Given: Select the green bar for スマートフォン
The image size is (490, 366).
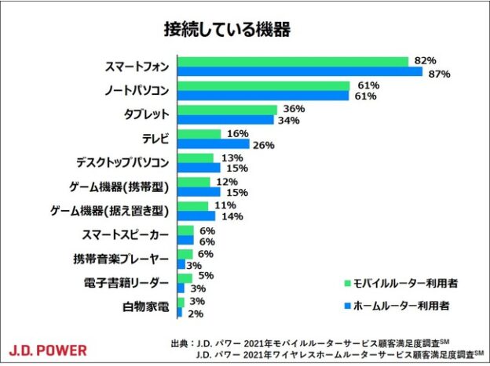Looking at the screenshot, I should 292,61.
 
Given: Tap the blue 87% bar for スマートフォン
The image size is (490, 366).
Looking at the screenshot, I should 299,72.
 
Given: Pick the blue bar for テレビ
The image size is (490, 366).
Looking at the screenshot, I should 213,144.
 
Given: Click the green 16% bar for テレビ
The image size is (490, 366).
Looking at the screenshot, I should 199,134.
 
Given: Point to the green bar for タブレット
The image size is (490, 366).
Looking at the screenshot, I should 228,110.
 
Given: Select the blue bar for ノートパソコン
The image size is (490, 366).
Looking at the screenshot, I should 263,96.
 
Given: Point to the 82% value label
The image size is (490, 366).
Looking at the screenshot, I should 426,60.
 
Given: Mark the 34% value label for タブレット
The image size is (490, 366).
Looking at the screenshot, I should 289,121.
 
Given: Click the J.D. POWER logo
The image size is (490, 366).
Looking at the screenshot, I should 49,350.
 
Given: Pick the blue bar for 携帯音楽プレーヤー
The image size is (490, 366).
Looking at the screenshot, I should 181,265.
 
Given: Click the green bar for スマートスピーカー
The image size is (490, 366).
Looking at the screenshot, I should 185,230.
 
